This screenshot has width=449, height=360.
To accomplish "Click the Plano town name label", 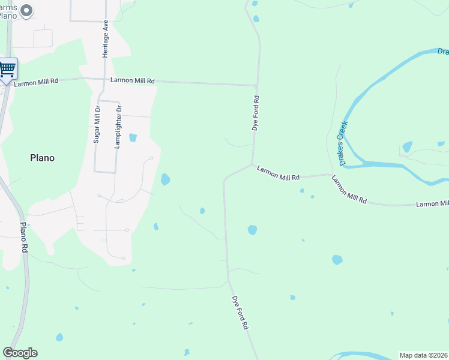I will [x=42, y=158].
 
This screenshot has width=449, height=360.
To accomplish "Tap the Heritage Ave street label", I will [x=105, y=38].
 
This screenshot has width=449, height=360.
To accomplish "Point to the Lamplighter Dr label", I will [x=119, y=127].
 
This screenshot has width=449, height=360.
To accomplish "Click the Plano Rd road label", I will [x=24, y=237].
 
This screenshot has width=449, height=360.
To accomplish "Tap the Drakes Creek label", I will [x=343, y=142].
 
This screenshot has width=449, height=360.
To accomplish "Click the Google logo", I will [x=20, y=353].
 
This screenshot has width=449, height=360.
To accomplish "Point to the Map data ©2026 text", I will [x=424, y=355].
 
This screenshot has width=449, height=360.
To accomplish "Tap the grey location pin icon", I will [x=26, y=10].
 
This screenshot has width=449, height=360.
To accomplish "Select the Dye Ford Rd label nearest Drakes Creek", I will [x=255, y=113].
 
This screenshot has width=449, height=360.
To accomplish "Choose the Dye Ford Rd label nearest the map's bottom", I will [x=240, y=313].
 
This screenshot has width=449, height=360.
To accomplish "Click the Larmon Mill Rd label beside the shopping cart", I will [x=37, y=82].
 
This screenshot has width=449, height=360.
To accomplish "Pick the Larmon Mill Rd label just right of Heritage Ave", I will [x=133, y=80].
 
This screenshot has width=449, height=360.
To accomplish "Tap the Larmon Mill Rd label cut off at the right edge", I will [x=432, y=204].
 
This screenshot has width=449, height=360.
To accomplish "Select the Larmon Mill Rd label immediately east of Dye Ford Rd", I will [x=278, y=173].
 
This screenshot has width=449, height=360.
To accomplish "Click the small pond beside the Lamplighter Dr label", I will [x=133, y=137].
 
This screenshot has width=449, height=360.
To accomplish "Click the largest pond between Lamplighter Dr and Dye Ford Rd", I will [x=165, y=179].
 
